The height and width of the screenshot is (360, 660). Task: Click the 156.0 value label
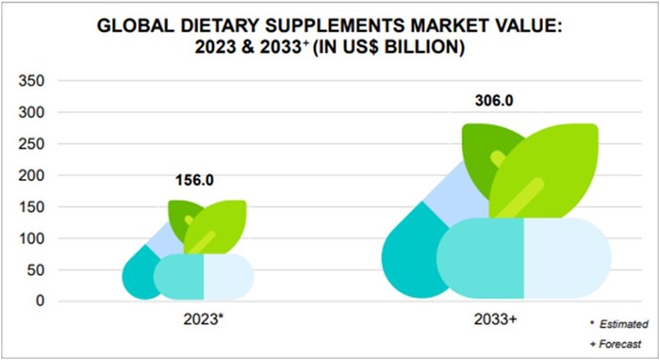pyautogui.click(x=194, y=180)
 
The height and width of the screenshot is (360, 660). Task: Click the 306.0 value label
pyautogui.click(x=494, y=102)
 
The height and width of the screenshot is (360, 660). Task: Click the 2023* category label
pyautogui.click(x=203, y=319)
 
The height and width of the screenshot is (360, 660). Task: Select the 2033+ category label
pyautogui.click(x=495, y=320)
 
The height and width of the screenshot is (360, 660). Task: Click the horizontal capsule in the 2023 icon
pyautogui.click(x=204, y=276)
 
